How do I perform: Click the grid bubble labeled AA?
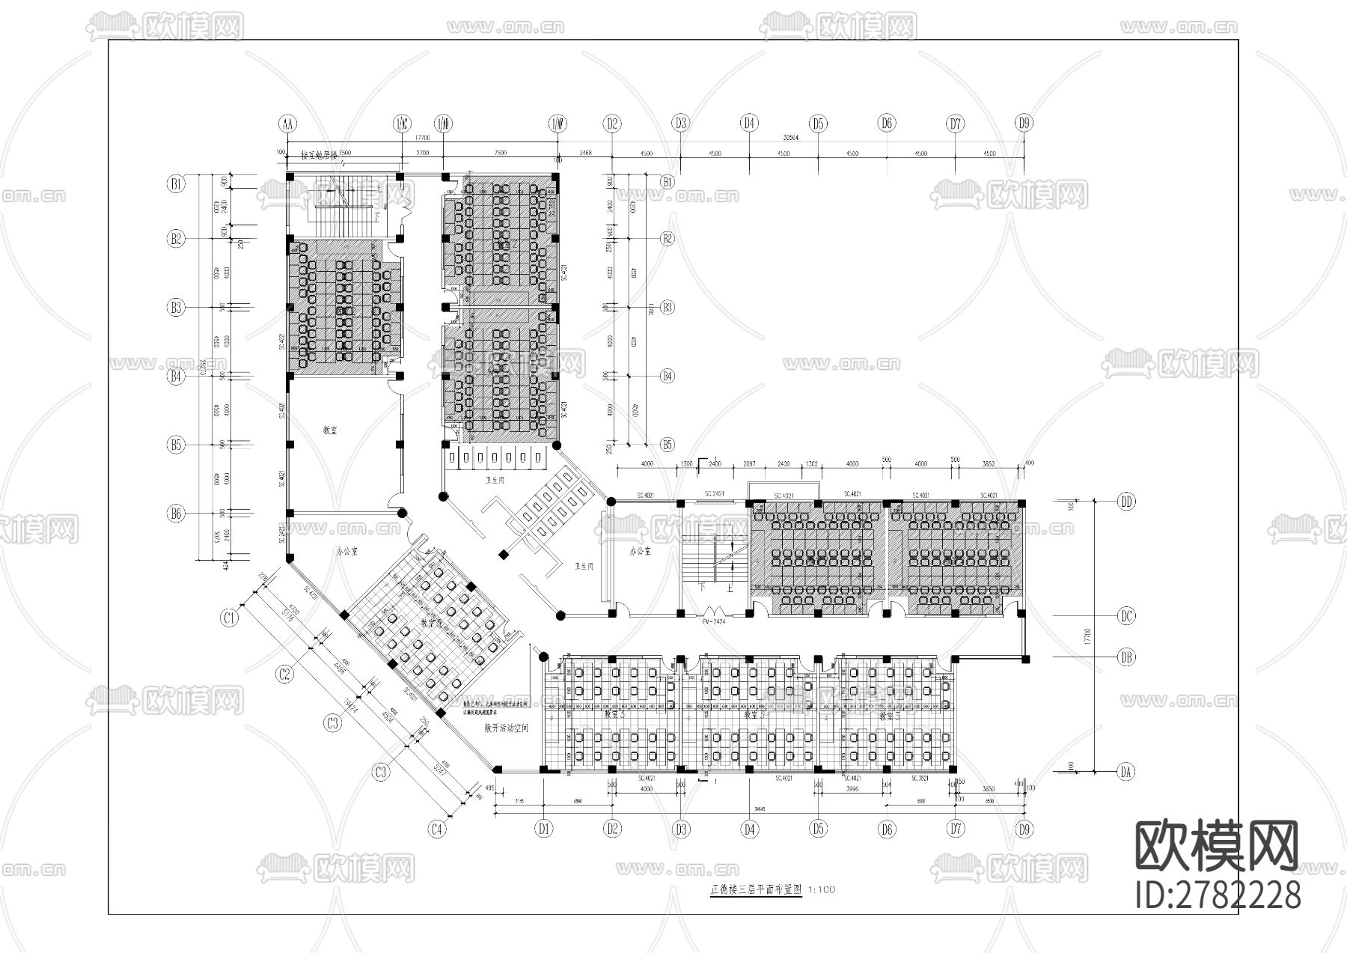287,124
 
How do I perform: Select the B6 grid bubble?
176,514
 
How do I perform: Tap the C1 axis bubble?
230,618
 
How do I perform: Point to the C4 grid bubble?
438,829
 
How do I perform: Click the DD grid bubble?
1125,502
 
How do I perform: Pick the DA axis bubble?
1125,772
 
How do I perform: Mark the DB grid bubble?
1125,657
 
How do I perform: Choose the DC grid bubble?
1125,616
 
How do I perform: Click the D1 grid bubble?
544,829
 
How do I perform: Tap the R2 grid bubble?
667,239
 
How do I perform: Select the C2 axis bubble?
284,674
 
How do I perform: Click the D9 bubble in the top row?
1024,124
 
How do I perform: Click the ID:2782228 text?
1218,895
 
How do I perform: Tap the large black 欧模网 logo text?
1218,846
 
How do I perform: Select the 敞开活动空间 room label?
507,727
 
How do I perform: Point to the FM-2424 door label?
714,621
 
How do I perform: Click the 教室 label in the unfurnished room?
329,430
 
